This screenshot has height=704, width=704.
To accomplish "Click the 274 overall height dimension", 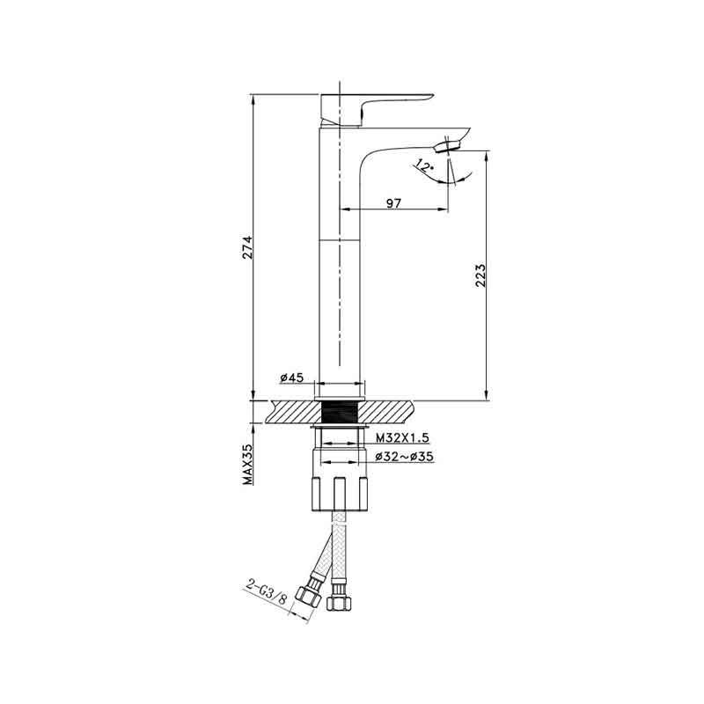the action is (x=248, y=247).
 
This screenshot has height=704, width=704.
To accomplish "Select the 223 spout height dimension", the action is (x=480, y=275).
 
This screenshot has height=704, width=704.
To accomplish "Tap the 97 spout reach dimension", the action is (x=393, y=203).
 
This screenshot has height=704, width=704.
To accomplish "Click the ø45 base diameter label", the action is (x=292, y=378).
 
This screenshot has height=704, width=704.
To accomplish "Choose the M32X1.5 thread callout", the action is (x=403, y=437).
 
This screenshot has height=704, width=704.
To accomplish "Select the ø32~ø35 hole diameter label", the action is (x=404, y=457).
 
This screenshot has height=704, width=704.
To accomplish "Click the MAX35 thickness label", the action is (x=248, y=465).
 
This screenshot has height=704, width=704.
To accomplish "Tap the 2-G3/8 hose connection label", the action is (x=267, y=592).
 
